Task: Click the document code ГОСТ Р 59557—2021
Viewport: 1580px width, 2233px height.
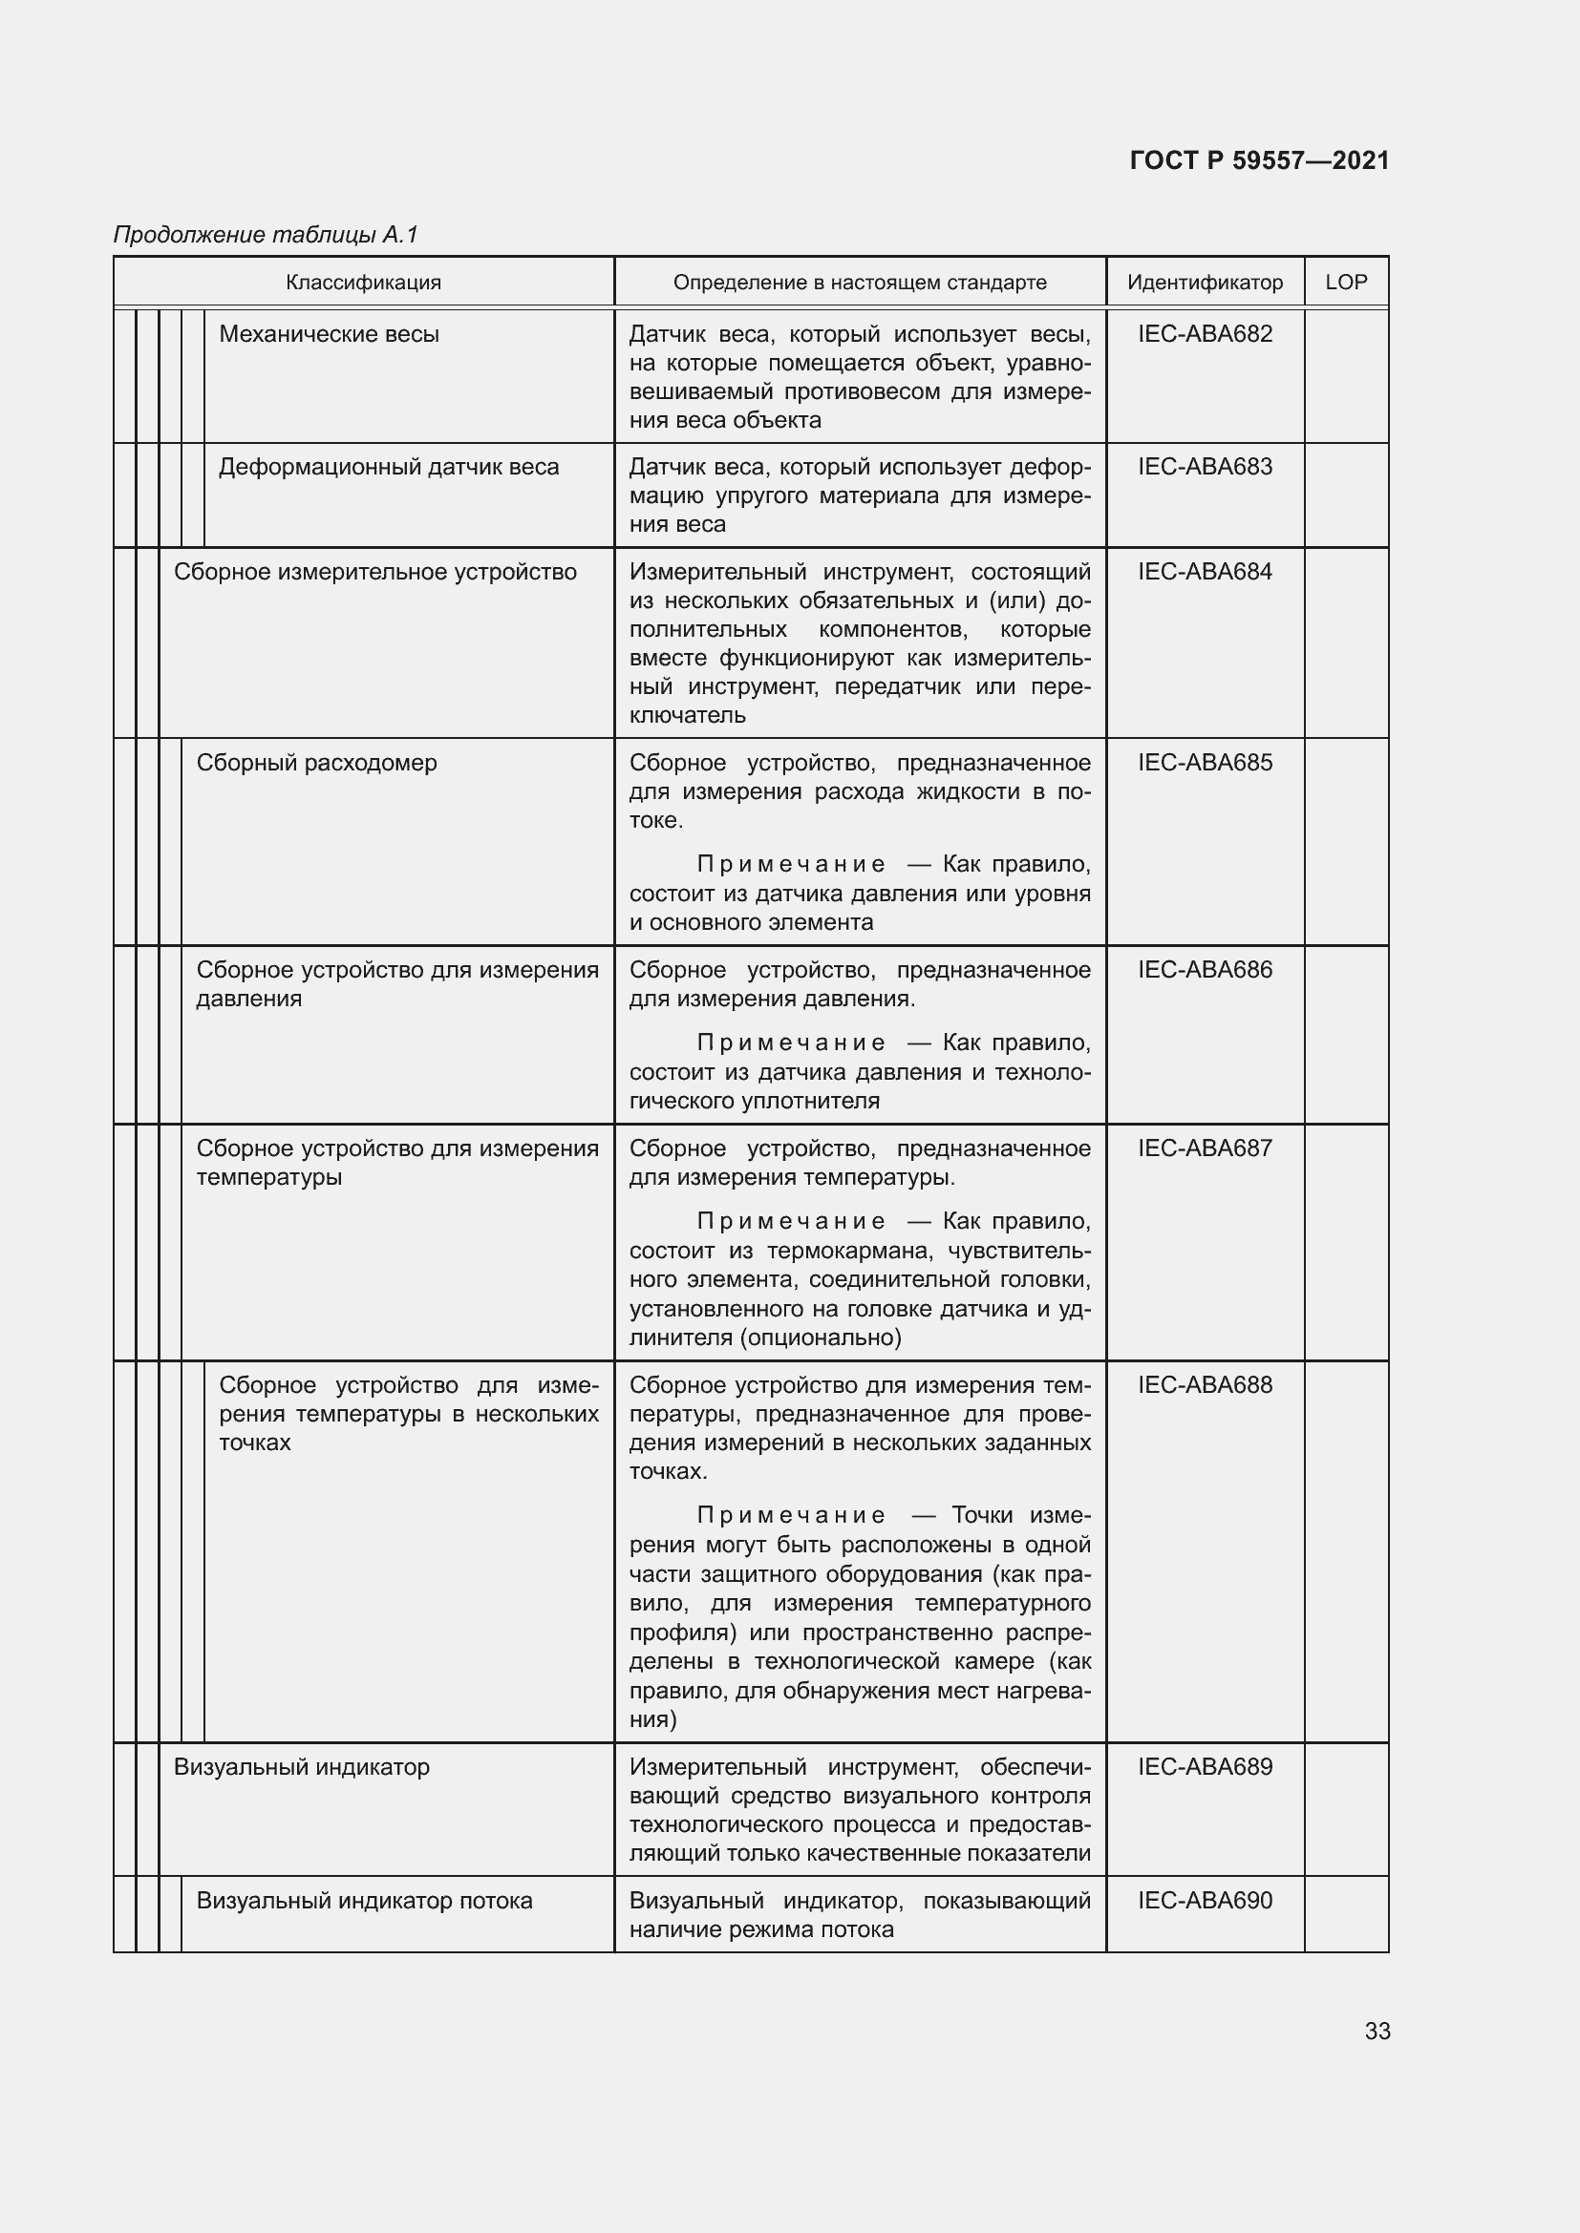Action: coord(1259,160)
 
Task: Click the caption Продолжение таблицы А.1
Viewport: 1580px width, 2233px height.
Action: coord(266,235)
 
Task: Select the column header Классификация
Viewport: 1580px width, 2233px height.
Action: coord(363,283)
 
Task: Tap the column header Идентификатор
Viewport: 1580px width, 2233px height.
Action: coord(1205,283)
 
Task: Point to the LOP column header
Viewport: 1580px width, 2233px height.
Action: coord(1346,282)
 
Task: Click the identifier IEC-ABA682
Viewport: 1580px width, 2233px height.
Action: coord(1205,333)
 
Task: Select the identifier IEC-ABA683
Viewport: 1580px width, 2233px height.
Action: coord(1205,467)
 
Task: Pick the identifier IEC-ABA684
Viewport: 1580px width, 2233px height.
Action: coord(1205,572)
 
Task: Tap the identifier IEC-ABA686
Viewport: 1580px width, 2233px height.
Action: coord(1205,970)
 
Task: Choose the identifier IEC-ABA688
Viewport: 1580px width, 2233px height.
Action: coord(1205,1385)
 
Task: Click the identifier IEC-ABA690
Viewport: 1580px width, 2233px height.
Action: coord(1205,1901)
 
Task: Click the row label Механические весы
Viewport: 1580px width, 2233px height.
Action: coord(329,334)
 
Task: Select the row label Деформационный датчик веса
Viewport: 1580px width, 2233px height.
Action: coord(388,468)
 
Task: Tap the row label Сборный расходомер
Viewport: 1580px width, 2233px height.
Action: coord(316,764)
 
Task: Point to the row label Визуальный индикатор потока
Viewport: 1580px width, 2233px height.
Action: coord(364,1902)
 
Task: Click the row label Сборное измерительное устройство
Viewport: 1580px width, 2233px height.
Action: coord(374,573)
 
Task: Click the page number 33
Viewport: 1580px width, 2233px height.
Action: coord(1377,2032)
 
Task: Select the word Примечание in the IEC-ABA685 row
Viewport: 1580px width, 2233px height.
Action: coord(791,865)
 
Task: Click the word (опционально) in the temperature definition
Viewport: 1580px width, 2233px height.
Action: coord(821,1338)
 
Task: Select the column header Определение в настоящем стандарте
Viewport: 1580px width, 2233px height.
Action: coord(859,283)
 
